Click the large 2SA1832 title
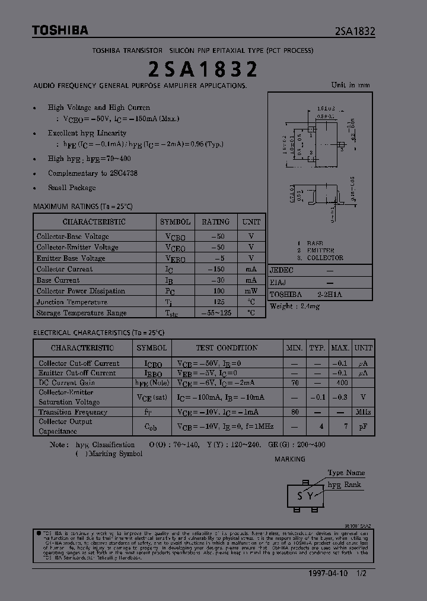pos(203,69)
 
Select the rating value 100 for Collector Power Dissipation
pos(218,291)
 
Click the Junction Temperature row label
pos(72,302)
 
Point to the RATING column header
pos(216,222)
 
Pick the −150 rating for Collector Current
pos(216,269)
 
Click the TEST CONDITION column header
pos(227,347)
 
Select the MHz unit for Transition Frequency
pos(364,412)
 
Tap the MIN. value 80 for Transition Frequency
pos(295,412)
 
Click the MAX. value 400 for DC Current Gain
pos(340,383)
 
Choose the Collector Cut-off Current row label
pos(79,363)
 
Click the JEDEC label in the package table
pos(282,270)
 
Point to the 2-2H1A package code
pos(330,295)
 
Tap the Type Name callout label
pos(346,473)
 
